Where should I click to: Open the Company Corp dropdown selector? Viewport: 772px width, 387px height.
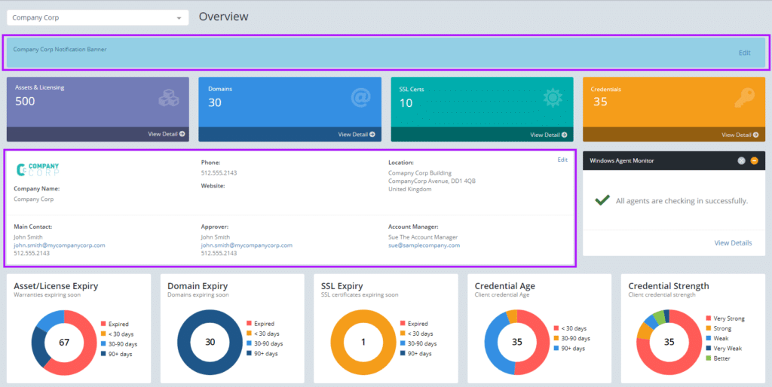coord(97,17)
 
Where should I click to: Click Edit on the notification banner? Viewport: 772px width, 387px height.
coord(744,53)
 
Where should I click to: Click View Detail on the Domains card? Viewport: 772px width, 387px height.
coord(357,135)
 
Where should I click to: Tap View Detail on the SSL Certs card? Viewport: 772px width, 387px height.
coord(549,135)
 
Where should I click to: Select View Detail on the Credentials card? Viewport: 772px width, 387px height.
coord(740,135)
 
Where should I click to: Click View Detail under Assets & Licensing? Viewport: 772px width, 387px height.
coord(166,134)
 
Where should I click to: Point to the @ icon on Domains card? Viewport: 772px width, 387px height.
coord(361,98)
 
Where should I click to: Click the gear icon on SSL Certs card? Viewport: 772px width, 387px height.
coord(553,98)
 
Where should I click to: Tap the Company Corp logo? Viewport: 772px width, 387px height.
coord(37,170)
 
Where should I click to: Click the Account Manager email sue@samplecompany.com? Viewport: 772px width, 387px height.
coord(424,245)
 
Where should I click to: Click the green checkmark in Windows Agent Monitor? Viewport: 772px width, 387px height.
coord(602,200)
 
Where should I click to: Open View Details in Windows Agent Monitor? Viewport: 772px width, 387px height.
coord(732,243)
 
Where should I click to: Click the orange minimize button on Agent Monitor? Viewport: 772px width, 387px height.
coord(754,160)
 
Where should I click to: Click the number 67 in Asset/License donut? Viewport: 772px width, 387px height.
coord(64,343)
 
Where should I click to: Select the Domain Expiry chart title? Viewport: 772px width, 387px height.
coord(198,286)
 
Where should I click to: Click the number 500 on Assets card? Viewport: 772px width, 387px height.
coord(25,102)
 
